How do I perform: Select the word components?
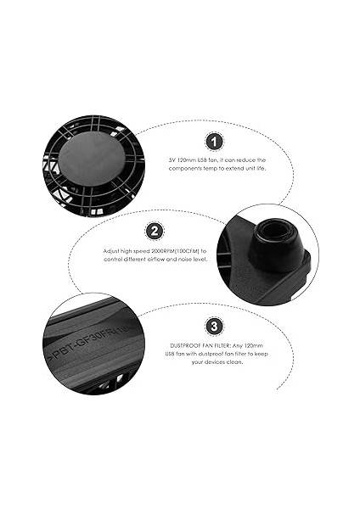[x=187, y=171]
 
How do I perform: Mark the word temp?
[x=217, y=171]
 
